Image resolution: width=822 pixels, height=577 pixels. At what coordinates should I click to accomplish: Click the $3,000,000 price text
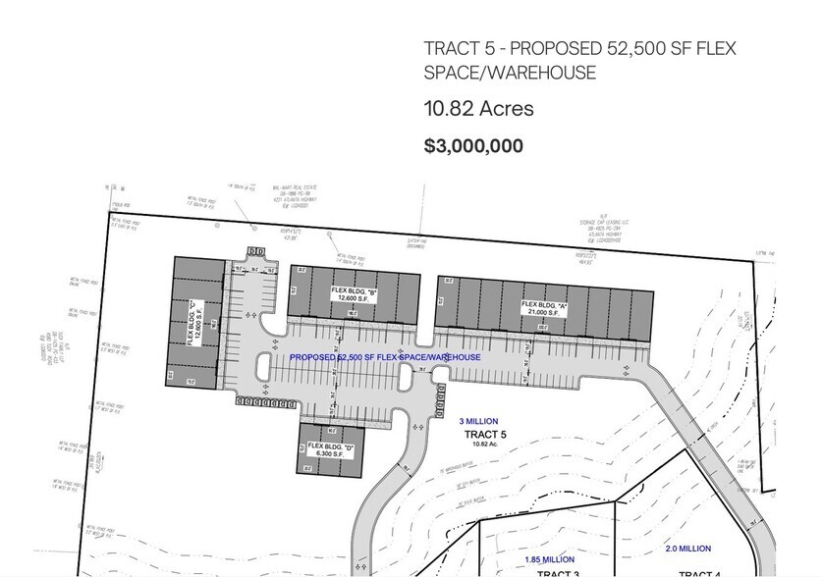coord(473,146)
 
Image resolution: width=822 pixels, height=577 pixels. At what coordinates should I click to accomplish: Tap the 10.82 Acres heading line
coord(478,109)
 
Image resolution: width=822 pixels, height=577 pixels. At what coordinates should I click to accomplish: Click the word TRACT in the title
coord(449,49)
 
